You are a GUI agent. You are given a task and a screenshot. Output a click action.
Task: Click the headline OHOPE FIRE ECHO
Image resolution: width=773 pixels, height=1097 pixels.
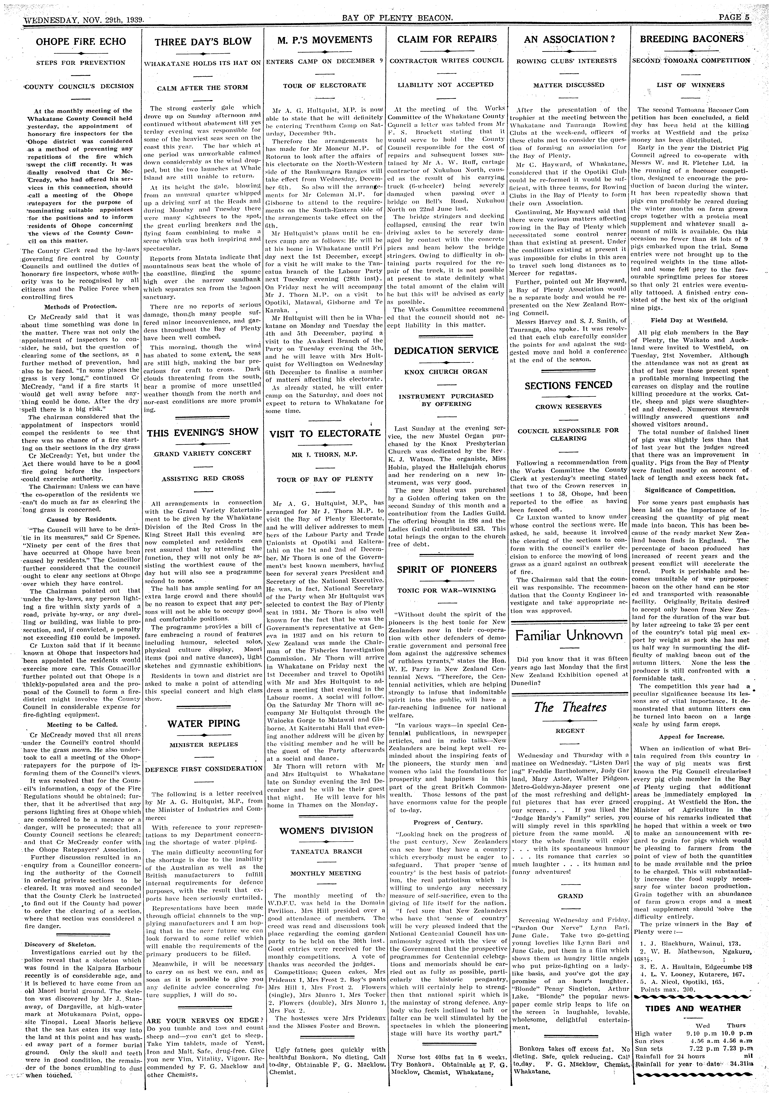coord(81,42)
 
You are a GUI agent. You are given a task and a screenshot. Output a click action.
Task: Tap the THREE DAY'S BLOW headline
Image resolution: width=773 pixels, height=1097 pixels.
coord(203,42)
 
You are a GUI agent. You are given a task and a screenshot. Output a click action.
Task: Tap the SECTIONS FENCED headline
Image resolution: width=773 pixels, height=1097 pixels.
coord(568,385)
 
